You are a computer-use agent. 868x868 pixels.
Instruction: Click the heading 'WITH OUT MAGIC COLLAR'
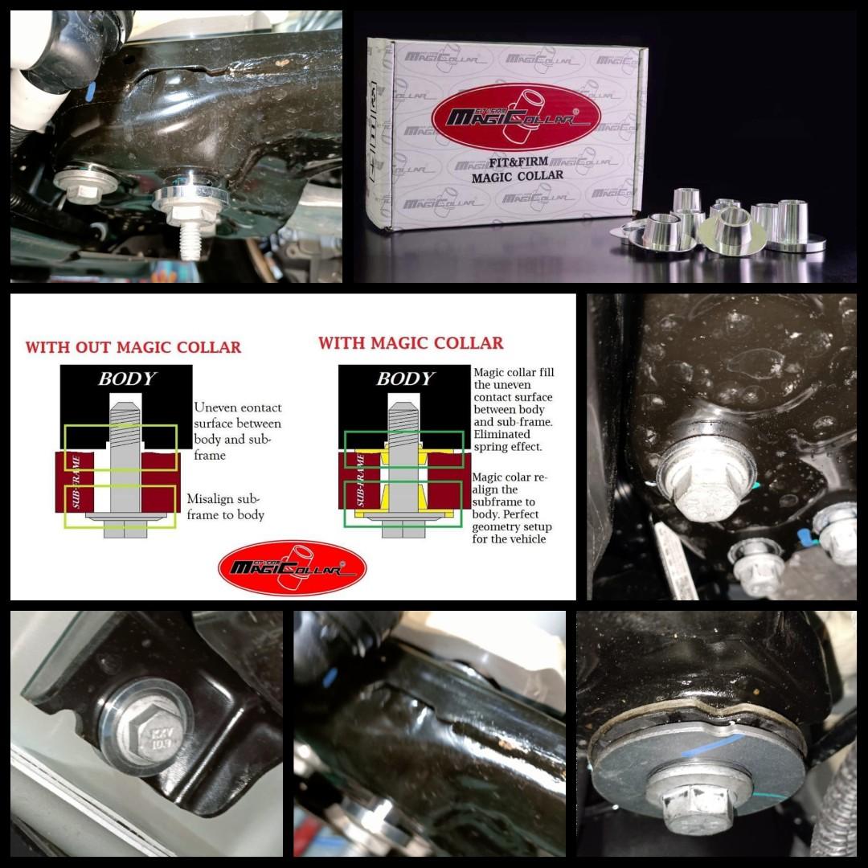(133, 348)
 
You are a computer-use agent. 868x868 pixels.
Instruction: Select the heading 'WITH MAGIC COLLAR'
(411, 343)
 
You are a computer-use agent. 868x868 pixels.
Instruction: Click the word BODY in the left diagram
(127, 379)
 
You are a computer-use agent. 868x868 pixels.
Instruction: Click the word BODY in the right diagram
(405, 379)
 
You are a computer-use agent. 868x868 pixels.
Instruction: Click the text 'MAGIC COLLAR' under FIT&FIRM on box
(516, 175)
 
